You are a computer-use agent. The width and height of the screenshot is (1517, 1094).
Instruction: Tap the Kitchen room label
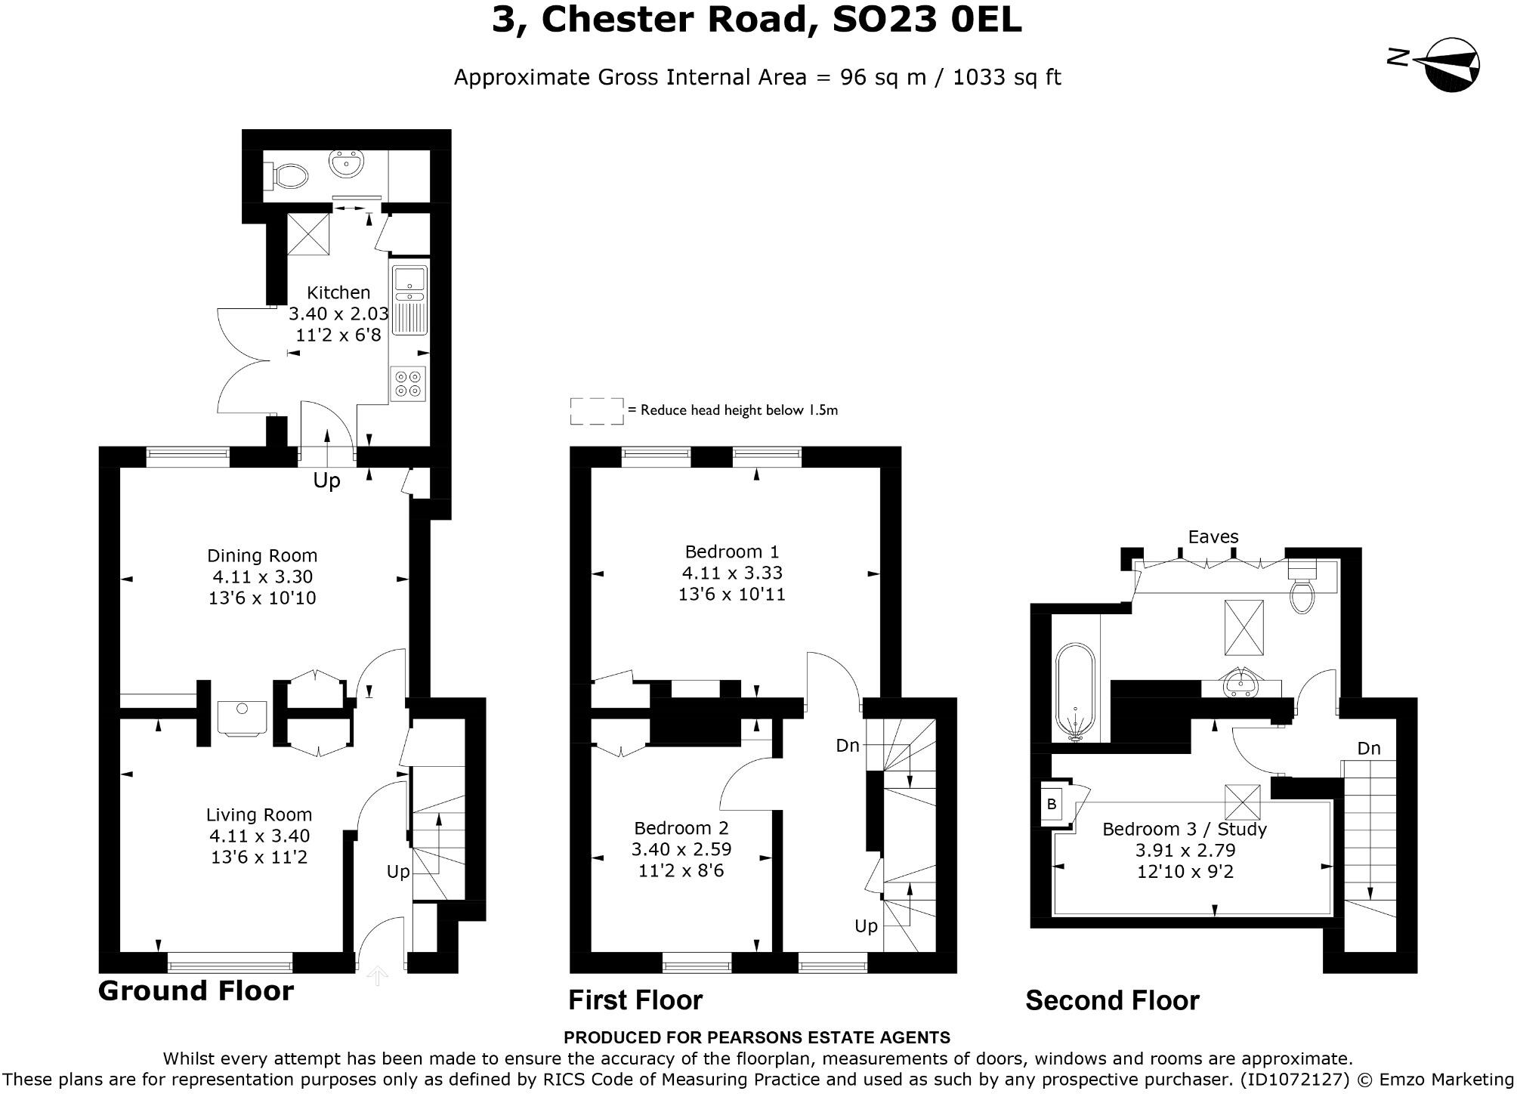(x=338, y=292)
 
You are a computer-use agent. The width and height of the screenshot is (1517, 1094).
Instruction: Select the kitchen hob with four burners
(x=409, y=383)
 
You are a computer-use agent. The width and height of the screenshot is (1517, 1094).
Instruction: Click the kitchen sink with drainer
(x=409, y=300)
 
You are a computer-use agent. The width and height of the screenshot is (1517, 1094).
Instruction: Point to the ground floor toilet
(x=286, y=177)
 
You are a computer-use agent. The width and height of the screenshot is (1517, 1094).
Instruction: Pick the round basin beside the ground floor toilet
(x=348, y=163)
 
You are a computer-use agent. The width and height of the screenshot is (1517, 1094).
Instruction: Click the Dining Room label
(x=262, y=555)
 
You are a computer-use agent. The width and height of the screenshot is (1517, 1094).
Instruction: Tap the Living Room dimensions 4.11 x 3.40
(x=260, y=836)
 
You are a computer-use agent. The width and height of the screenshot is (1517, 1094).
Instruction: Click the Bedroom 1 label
(x=731, y=552)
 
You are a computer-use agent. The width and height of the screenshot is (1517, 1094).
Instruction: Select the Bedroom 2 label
(x=681, y=828)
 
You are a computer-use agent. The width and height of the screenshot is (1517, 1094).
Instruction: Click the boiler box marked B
(x=1051, y=805)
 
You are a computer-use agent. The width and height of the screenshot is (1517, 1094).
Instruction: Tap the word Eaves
(x=1213, y=536)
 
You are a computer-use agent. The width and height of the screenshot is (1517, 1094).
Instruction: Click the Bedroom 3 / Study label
(x=1185, y=829)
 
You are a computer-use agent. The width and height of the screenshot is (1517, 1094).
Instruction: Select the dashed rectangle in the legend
(x=597, y=411)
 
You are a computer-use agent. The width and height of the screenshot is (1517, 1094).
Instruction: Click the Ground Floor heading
(x=196, y=990)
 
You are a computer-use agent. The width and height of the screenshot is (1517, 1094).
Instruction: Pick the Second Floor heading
(x=1112, y=1000)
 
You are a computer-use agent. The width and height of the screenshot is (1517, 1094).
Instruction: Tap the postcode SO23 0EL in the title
(x=926, y=20)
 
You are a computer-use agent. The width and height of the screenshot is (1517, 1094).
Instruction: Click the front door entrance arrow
(x=377, y=976)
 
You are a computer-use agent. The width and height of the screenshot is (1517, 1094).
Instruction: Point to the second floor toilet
(x=1302, y=586)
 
